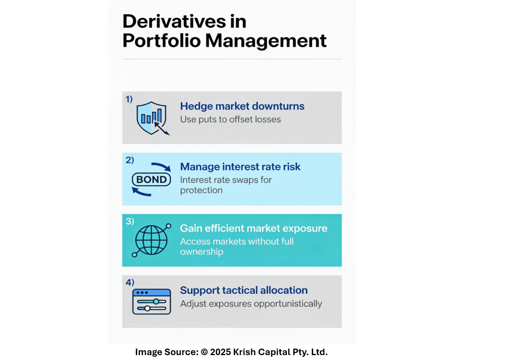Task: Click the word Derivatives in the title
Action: coord(174,22)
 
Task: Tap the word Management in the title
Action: coord(266,41)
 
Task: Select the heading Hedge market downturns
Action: coord(242,106)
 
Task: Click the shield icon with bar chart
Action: coord(152,118)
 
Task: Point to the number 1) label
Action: coord(129,99)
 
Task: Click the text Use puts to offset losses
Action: coord(230,120)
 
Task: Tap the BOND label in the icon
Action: coord(151,179)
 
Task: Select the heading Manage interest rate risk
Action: coord(240,166)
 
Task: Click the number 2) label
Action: coord(129,160)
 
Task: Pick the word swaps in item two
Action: coord(246,181)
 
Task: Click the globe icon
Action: coord(152,240)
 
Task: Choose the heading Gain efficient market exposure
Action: coord(254,228)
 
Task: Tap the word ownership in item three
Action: coord(202,252)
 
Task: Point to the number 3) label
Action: coord(129,221)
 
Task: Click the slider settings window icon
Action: coord(152,301)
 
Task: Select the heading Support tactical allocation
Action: coord(244,290)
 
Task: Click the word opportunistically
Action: coord(288,304)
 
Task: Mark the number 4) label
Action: coord(129,282)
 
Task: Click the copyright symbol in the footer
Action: coord(204,352)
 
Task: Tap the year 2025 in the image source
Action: coord(221,352)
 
